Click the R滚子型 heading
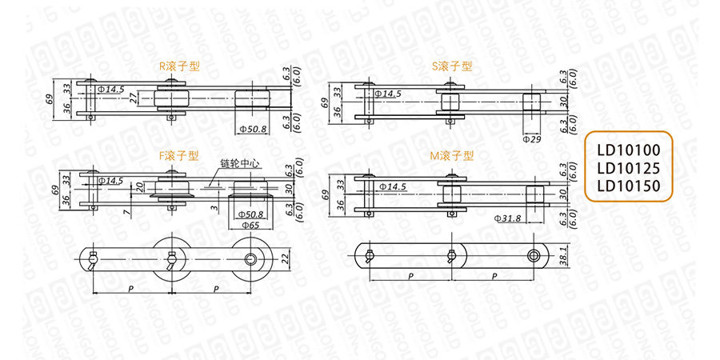tap(179, 66)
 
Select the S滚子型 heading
tap(452, 66)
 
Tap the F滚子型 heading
tap(178, 156)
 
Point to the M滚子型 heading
tap(451, 156)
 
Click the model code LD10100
tap(628, 150)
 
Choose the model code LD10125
tap(628, 168)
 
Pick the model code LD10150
tap(628, 186)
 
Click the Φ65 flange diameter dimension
tap(250, 226)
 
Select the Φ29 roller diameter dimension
tap(531, 138)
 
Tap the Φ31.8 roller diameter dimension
tap(508, 218)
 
